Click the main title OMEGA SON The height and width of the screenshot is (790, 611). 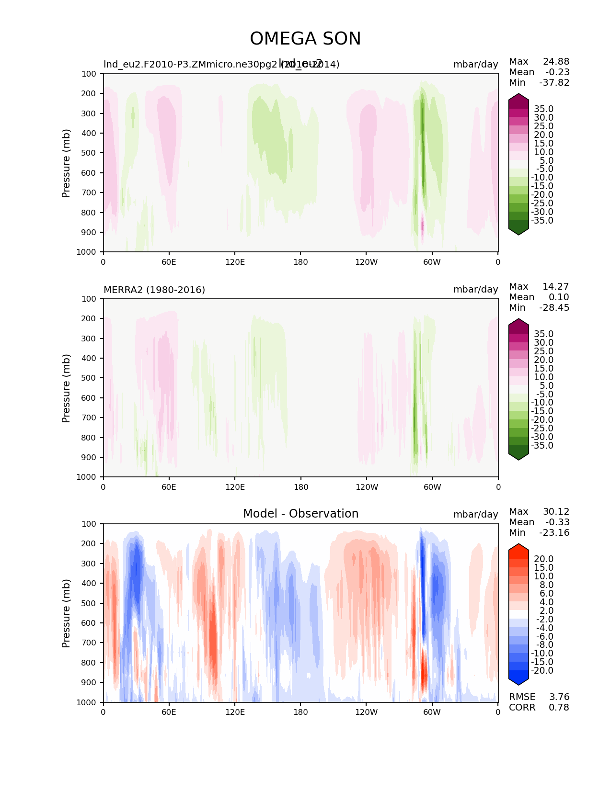[305, 39]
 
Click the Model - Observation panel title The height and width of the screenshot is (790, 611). [300, 514]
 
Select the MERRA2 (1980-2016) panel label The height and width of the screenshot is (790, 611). [154, 290]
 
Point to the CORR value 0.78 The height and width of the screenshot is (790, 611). [559, 707]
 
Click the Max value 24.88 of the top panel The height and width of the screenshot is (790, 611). [556, 61]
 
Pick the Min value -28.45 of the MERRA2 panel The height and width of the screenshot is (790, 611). [554, 307]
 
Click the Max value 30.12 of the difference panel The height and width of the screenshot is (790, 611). [556, 511]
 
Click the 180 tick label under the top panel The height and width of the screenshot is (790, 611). [300, 262]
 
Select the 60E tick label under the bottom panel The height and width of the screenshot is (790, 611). [169, 712]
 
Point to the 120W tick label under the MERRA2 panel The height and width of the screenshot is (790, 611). [367, 487]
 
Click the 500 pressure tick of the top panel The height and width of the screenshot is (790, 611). [90, 153]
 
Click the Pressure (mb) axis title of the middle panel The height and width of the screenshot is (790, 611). [66, 388]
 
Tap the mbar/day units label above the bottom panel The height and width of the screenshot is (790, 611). [475, 514]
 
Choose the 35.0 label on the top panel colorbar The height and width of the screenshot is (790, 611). [543, 109]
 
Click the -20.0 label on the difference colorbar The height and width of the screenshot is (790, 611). [542, 670]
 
